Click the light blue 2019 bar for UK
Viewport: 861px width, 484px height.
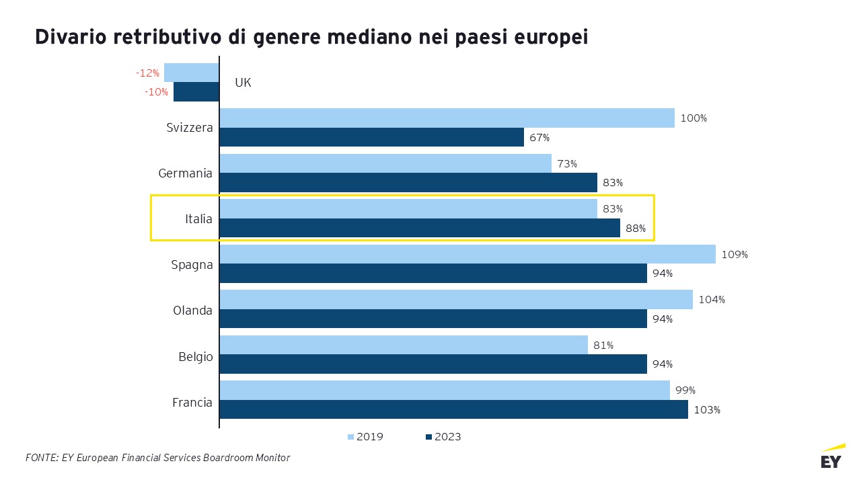[x=192, y=73]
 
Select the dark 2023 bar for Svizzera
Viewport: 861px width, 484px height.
[x=372, y=137]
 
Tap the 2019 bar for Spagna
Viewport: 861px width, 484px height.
[x=467, y=254]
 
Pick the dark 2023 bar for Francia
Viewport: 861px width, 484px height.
[x=453, y=409]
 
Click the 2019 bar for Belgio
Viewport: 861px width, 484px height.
[x=404, y=345]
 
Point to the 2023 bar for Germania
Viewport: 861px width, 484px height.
[x=408, y=182]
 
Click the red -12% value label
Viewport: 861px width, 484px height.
[x=147, y=73]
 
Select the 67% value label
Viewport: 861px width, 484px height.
[x=539, y=138]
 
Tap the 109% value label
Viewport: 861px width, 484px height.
[x=735, y=255]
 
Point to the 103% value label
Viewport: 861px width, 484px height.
[x=707, y=410]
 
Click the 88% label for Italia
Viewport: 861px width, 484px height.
[x=636, y=229]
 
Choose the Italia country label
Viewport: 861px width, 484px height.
[x=198, y=219]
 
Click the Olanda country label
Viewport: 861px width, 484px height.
[x=192, y=311]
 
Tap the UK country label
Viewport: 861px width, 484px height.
[x=243, y=83]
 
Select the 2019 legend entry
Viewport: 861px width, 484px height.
[x=365, y=437]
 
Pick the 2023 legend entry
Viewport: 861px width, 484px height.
[x=443, y=437]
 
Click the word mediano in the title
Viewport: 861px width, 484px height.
[x=369, y=37]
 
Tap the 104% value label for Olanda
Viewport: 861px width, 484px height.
[x=712, y=300]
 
